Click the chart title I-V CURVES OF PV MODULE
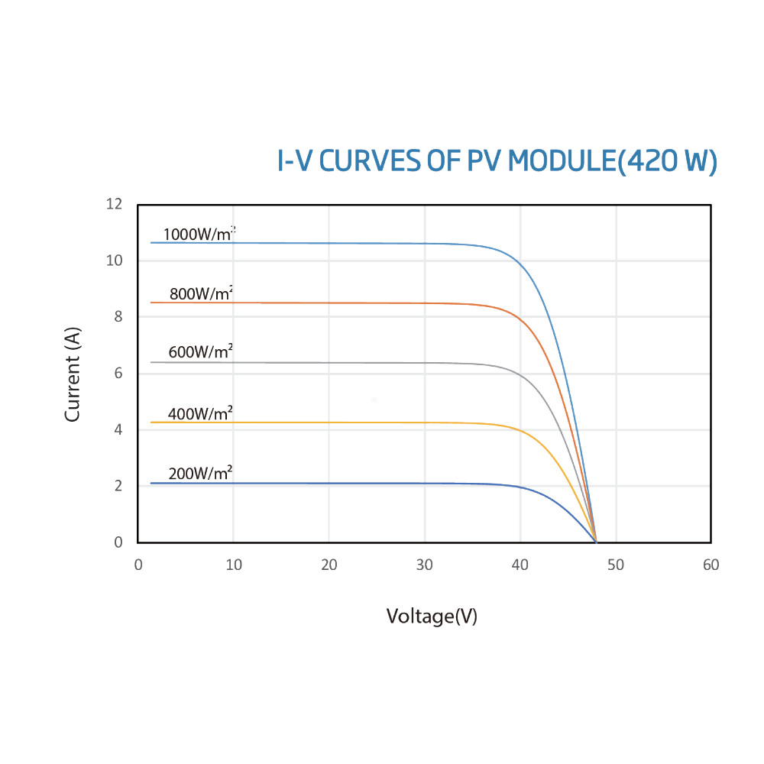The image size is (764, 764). (x=497, y=162)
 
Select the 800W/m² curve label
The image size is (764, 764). (x=201, y=293)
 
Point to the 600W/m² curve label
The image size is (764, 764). (x=200, y=352)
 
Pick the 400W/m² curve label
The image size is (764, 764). (x=200, y=414)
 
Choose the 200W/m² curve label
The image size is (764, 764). (x=200, y=474)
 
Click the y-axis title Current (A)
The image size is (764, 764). (x=73, y=374)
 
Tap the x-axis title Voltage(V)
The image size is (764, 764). (x=432, y=616)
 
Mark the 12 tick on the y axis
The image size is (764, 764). (x=115, y=204)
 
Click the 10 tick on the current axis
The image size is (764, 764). (x=115, y=261)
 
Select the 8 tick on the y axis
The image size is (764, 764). (x=118, y=316)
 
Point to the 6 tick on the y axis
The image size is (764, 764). (x=118, y=374)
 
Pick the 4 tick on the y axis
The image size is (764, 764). (x=118, y=429)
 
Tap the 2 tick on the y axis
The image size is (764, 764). (x=118, y=486)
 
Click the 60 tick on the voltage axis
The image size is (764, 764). (x=711, y=565)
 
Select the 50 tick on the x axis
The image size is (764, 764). (x=615, y=565)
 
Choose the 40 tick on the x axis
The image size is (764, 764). (x=520, y=565)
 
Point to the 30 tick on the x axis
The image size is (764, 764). (x=425, y=565)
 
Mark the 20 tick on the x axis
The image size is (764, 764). (x=329, y=565)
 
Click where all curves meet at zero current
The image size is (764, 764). (x=596, y=542)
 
